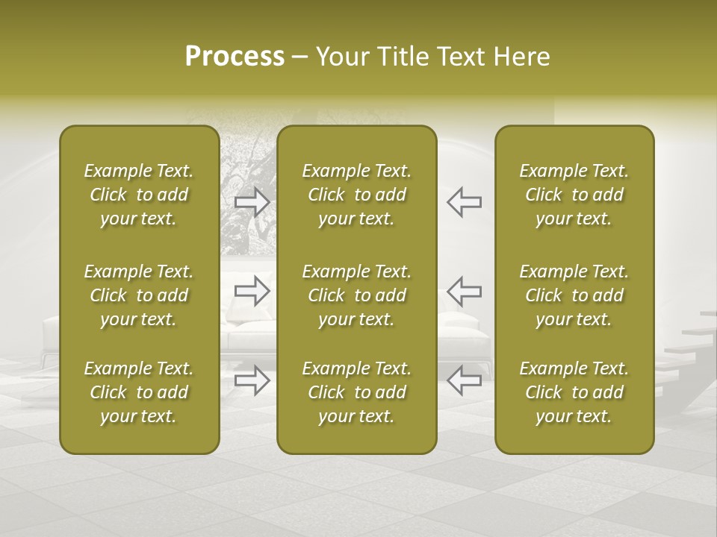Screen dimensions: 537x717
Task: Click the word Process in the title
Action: (x=235, y=57)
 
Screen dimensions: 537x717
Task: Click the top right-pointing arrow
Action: (x=252, y=202)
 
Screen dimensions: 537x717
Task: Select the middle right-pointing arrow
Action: (x=252, y=291)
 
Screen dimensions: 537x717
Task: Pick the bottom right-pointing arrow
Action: (x=252, y=380)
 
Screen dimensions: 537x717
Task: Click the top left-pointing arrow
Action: (x=464, y=202)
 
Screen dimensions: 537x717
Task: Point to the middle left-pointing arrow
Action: (x=464, y=291)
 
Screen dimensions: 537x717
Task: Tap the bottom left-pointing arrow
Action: (x=464, y=380)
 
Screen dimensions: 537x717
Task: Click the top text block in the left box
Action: (x=139, y=195)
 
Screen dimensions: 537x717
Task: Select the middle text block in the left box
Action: (x=139, y=295)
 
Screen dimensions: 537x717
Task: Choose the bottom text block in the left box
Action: (x=139, y=392)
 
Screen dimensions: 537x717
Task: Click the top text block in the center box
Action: (x=356, y=195)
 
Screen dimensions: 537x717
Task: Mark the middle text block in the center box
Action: (x=356, y=295)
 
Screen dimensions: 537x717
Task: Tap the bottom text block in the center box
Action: (x=356, y=392)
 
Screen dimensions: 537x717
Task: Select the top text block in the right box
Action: (x=574, y=195)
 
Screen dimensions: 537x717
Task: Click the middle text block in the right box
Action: (x=574, y=295)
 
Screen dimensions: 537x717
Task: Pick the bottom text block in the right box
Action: (x=574, y=392)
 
